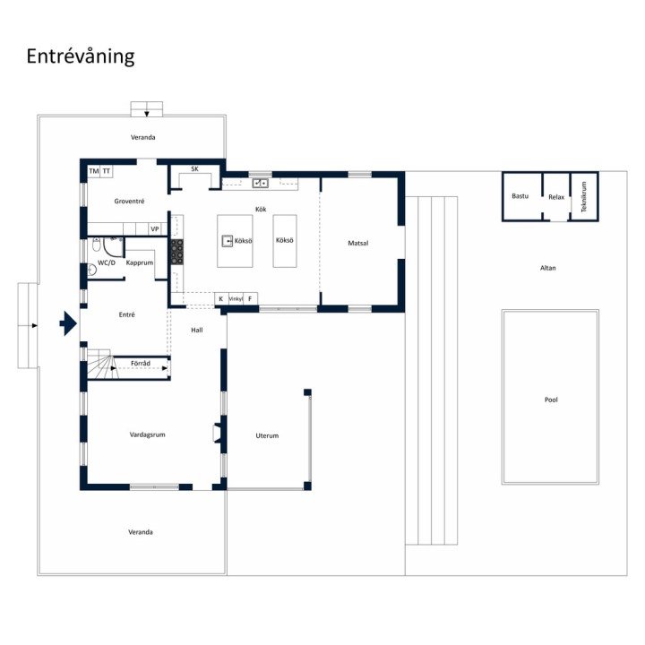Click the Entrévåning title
[81, 56]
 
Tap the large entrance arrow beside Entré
[68, 323]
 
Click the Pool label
[551, 400]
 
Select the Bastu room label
[520, 196]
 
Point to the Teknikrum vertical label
[584, 196]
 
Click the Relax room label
[556, 197]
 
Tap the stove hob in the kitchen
[177, 252]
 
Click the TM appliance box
[94, 171]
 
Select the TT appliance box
[107, 171]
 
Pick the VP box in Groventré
[155, 229]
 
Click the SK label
[195, 169]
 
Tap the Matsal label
[358, 243]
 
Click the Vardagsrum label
[147, 434]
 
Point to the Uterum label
[267, 435]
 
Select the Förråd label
[141, 363]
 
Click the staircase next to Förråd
[99, 364]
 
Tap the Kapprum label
[140, 262]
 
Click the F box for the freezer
[250, 299]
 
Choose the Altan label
[548, 268]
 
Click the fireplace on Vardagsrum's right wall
[217, 434]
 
